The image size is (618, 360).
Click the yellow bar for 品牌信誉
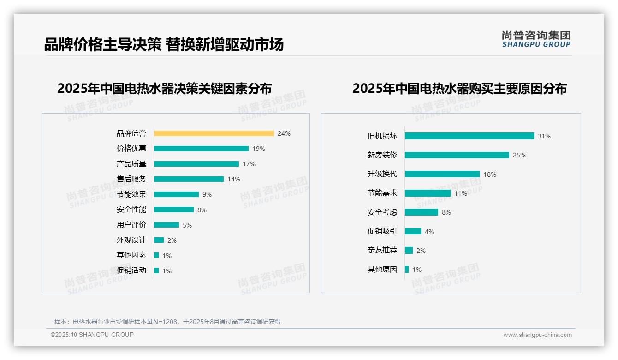pos(214,133)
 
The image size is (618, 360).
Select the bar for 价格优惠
pos(201,149)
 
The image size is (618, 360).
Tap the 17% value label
pos(249,164)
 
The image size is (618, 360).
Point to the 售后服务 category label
pos(131,179)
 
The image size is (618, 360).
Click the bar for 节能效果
pos(176,194)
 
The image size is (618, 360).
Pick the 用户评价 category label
pos(131,225)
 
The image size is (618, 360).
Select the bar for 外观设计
pos(159,240)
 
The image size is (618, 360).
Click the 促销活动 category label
pos(131,270)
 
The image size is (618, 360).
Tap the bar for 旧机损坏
pos(469,136)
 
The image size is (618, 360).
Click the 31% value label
pos(544,136)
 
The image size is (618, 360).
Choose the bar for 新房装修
pos(457,155)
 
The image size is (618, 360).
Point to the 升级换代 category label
pos(382,174)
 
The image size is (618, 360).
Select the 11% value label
pos(461,193)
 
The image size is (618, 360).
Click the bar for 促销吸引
pos(413,231)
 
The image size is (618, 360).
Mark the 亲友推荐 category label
pos(382,250)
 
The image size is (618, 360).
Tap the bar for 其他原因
pos(407,269)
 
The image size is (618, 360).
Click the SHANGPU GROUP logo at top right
pos(536,39)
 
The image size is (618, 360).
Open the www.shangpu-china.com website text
pos(537,335)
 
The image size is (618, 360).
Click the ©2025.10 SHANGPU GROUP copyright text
pos(92,335)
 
